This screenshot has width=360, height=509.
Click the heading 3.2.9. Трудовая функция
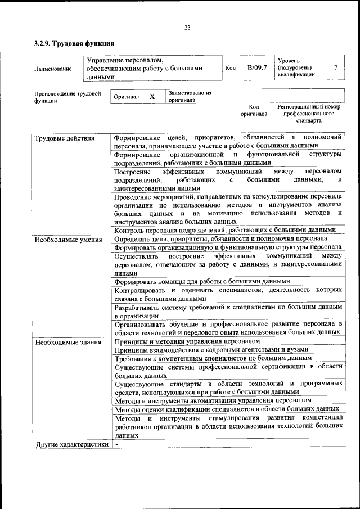click(74, 43)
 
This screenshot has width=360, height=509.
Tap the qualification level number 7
click(335, 68)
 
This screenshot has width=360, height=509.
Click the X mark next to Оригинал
click(152, 97)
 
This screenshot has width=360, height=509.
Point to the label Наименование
click(53, 69)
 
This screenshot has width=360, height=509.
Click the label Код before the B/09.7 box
click(230, 68)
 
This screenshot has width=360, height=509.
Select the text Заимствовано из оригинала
click(190, 97)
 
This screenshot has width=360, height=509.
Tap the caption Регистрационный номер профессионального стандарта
click(309, 113)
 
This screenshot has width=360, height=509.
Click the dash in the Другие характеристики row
click(116, 444)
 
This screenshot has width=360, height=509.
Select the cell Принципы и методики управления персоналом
click(188, 341)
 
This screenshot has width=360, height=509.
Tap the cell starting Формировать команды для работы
click(202, 281)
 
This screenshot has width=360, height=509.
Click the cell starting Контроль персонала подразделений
click(225, 229)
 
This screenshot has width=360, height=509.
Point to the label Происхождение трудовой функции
click(67, 97)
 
